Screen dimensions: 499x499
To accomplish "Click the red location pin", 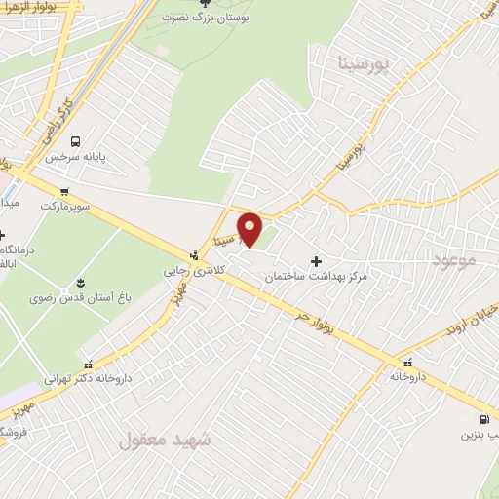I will click(250, 228).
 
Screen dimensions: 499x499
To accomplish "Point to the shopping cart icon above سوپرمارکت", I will click(64, 191).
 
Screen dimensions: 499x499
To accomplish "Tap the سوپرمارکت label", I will click(63, 206).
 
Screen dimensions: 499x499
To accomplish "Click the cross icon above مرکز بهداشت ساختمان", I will click(316, 261).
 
